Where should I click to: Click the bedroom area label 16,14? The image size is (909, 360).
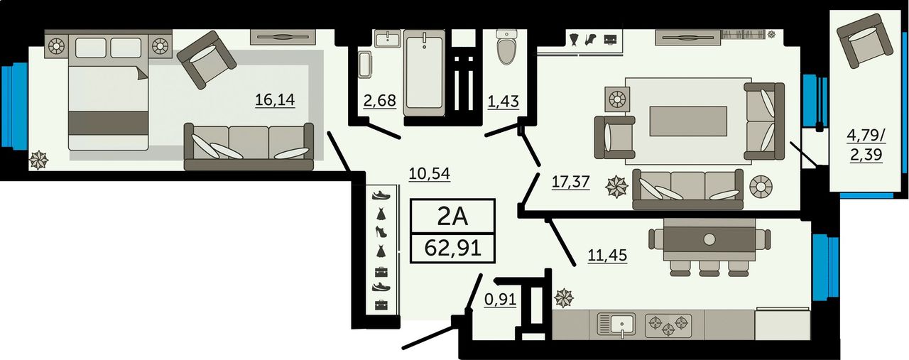pyautogui.click(x=275, y=99)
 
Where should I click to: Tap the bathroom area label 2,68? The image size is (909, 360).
pyautogui.click(x=379, y=100)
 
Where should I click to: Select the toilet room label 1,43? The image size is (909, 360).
pyautogui.click(x=504, y=101)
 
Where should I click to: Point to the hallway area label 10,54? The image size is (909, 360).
pyautogui.click(x=430, y=174)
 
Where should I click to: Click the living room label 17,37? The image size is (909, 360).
pyautogui.click(x=570, y=182)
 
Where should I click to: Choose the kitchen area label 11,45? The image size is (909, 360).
pyautogui.click(x=607, y=256)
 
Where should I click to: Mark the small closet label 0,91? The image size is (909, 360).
pyautogui.click(x=501, y=300)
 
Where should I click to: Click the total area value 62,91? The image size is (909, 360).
pyautogui.click(x=453, y=248)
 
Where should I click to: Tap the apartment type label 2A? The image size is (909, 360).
pyautogui.click(x=453, y=217)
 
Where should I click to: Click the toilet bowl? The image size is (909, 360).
pyautogui.click(x=507, y=47)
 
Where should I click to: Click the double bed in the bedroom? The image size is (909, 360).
pyautogui.click(x=108, y=92)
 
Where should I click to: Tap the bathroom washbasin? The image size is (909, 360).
pyautogui.click(x=388, y=39)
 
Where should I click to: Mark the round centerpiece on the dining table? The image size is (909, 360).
pyautogui.click(x=709, y=239)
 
